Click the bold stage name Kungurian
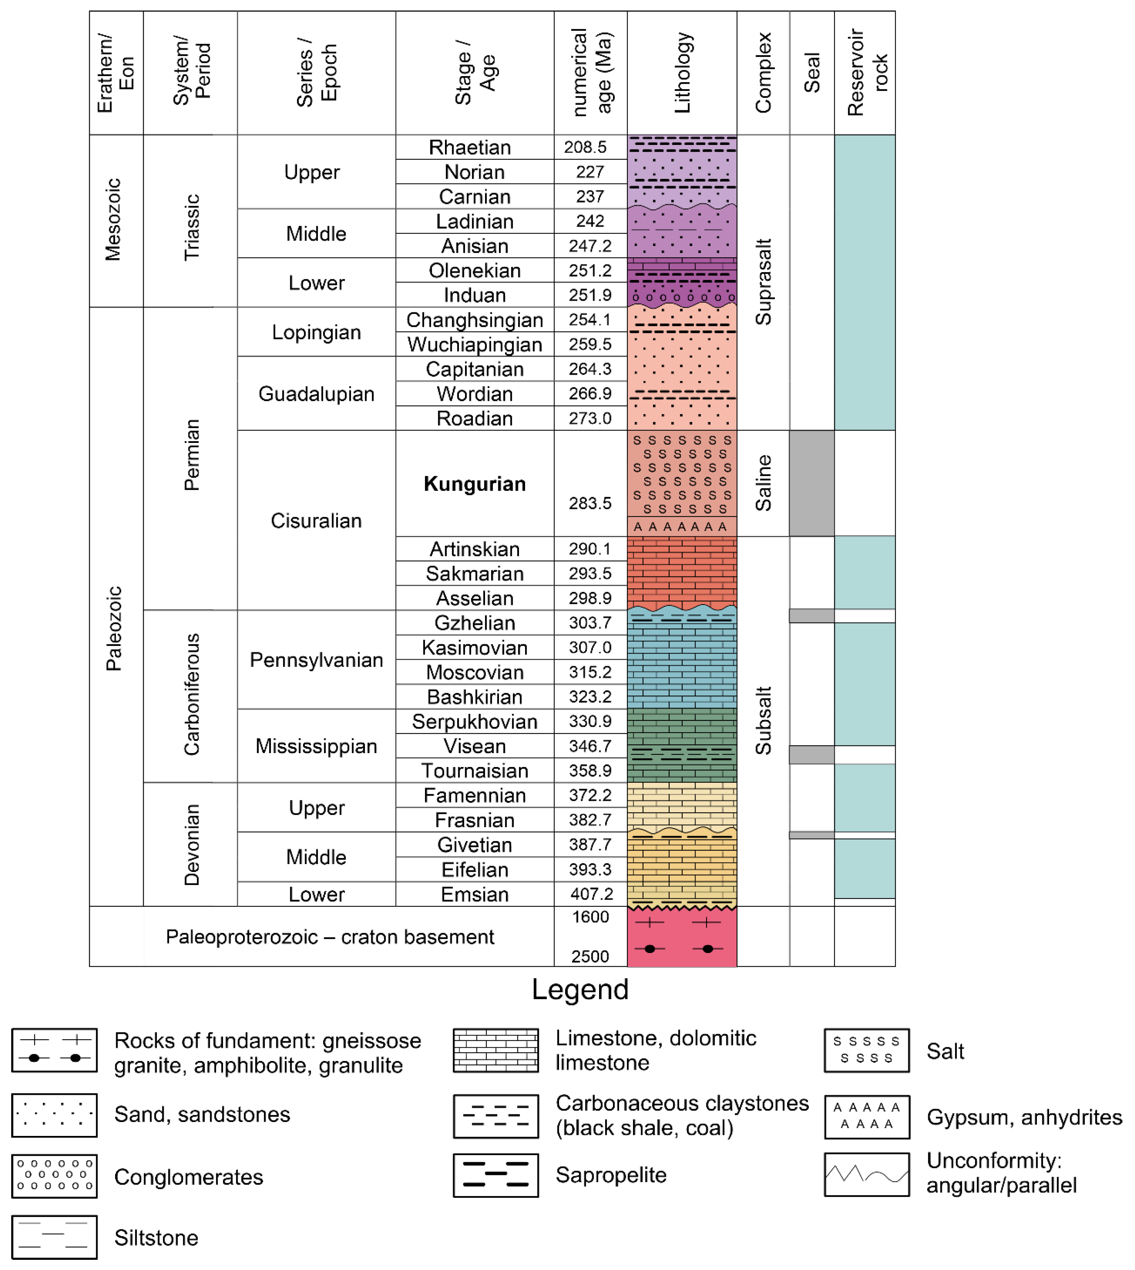pyautogui.click(x=475, y=484)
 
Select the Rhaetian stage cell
pyautogui.click(x=470, y=147)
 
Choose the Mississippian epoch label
pyautogui.click(x=316, y=746)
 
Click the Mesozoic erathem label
pyautogui.click(x=113, y=220)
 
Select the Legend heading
pyautogui.click(x=580, y=989)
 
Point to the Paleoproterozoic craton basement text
pyautogui.click(x=330, y=936)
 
